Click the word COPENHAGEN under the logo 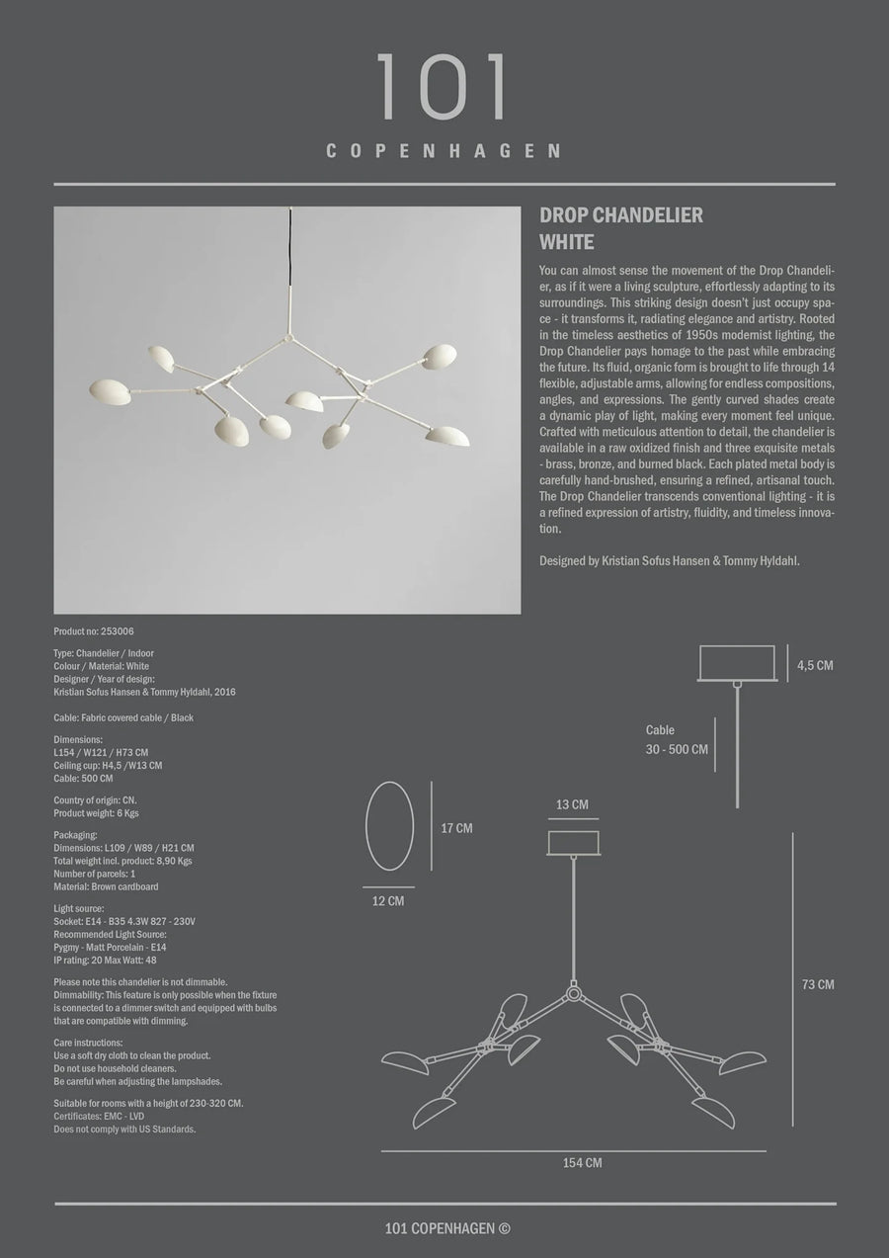pos(444,151)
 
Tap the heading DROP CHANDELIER pos(621,216)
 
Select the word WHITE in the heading pos(567,241)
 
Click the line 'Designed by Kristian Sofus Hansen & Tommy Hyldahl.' pos(670,560)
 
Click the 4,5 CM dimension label pos(815,665)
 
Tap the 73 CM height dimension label pos(818,984)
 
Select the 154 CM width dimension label pos(582,1163)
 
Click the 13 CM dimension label pos(572,804)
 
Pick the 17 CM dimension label pos(456,828)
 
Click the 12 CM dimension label pos(388,900)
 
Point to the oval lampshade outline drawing pos(389,826)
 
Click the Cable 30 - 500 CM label pos(677,740)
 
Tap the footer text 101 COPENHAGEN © pos(447,1229)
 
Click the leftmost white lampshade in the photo pos(110,392)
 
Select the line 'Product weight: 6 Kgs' pos(96,812)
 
